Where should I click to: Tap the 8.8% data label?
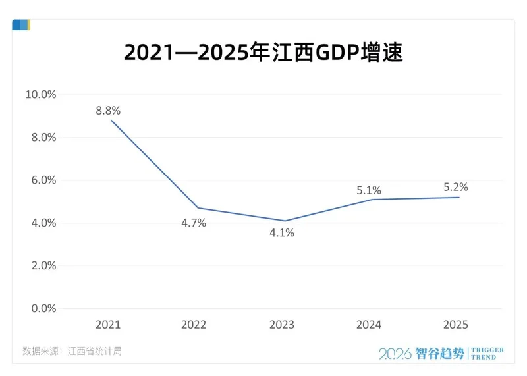108,111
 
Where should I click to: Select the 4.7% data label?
194,223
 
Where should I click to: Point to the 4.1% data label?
282,232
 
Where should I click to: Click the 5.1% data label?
369,190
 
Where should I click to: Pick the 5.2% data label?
456,187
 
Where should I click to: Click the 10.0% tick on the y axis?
41,94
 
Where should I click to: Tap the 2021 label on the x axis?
108,325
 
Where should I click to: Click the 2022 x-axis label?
194,325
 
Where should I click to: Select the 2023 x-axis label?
282,325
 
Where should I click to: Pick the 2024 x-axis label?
369,325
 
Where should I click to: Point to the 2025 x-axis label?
456,325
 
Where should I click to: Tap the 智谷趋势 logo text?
441,353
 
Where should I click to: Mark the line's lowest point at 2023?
284,221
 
